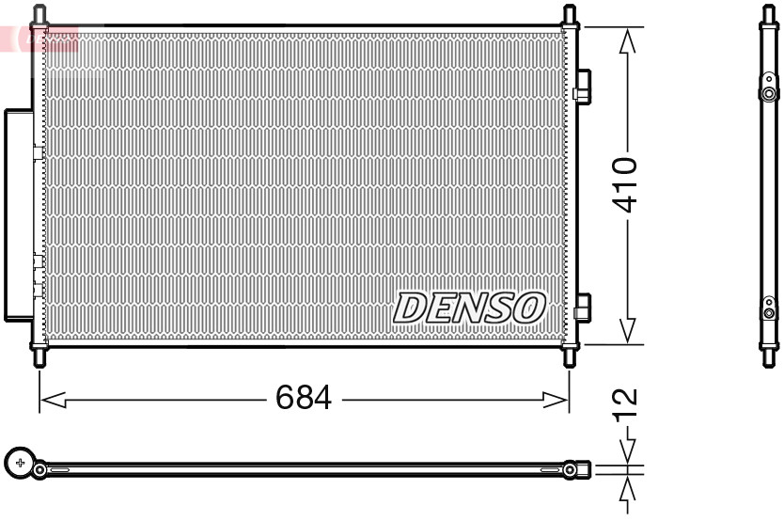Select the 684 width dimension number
304,399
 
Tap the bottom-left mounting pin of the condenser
39,356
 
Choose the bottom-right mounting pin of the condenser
569,356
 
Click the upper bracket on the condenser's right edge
583,86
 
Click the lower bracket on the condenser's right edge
583,308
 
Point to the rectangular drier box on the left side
19,214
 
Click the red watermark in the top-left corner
38,39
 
